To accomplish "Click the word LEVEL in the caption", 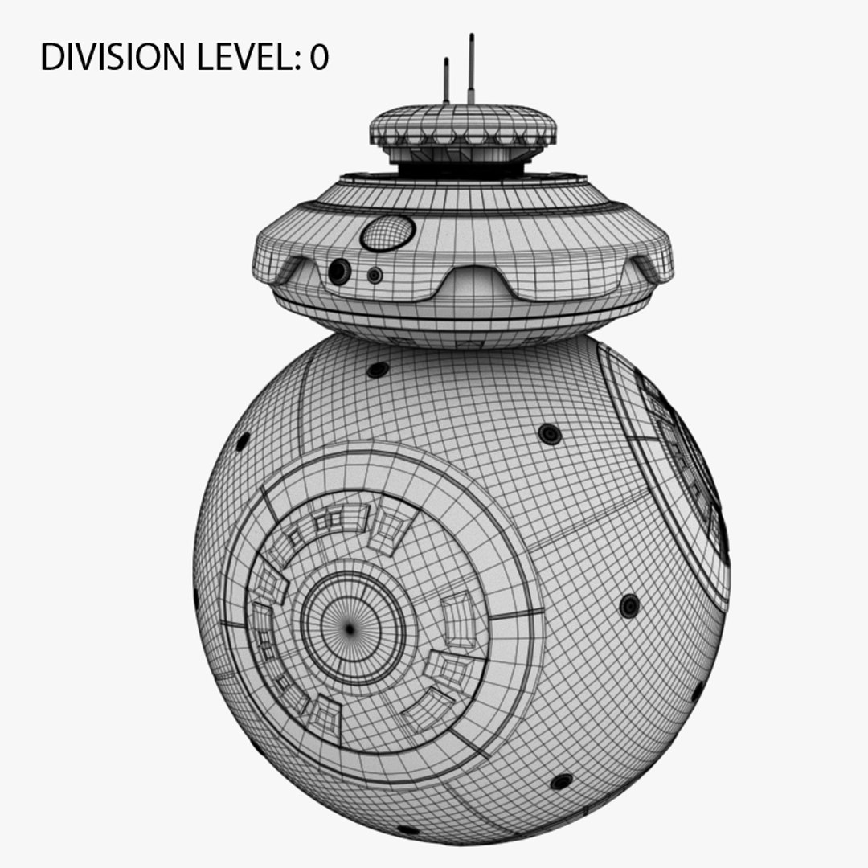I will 242,57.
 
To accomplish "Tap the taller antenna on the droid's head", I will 471,69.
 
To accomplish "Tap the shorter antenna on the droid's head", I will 446,80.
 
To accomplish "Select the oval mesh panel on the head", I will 387,233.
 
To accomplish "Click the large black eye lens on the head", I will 339,272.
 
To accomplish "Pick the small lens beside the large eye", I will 374,275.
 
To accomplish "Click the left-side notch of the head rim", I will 289,268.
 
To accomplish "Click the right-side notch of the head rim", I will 647,269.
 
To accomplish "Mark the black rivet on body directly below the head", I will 377,370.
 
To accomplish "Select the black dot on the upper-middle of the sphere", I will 550,434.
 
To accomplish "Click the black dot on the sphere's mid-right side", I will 629,605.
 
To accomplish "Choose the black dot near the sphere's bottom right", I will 561,781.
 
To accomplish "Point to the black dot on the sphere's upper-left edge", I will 242,441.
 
